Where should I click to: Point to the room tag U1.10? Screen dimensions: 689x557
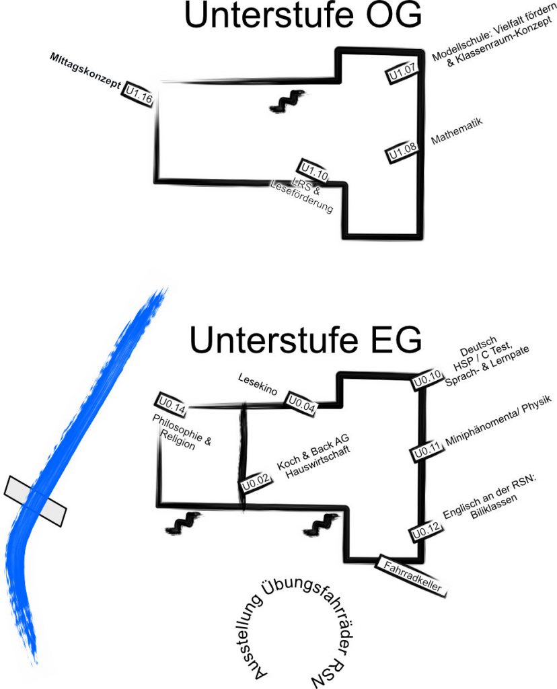(314, 171)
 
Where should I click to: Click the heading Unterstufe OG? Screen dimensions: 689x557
(302, 17)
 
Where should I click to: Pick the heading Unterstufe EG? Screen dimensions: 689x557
(305, 342)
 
